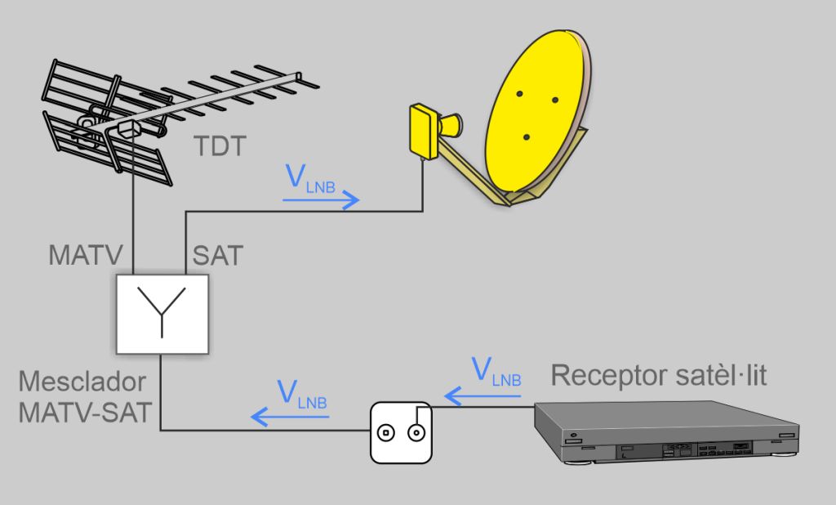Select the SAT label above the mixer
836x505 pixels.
tap(217, 255)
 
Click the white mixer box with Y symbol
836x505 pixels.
tap(162, 314)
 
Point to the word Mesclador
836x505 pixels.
tap(82, 382)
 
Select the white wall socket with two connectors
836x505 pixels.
tap(399, 432)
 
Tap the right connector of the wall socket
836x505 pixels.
tap(416, 433)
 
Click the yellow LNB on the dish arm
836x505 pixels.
tap(425, 131)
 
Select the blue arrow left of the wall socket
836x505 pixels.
tap(290, 417)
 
